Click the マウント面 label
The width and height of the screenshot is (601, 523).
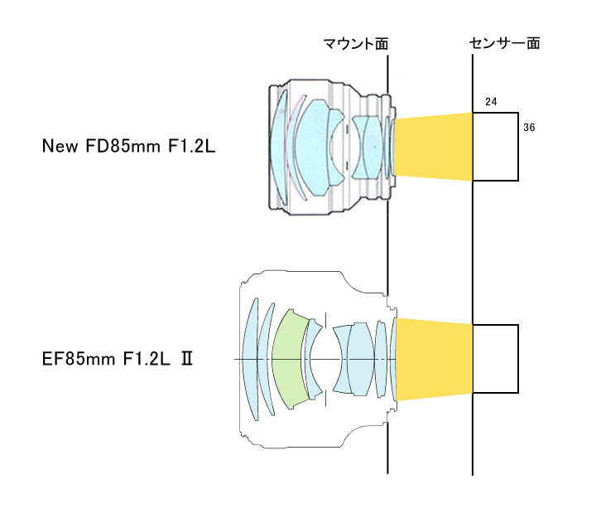click(356, 44)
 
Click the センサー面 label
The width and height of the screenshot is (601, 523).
click(505, 43)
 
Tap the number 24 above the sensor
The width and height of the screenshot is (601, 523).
click(491, 102)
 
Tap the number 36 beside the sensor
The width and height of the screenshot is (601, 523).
click(529, 128)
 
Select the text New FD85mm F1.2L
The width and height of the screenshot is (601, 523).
click(129, 146)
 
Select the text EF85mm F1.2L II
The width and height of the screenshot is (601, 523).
click(118, 359)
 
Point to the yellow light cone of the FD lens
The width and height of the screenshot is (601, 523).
click(433, 147)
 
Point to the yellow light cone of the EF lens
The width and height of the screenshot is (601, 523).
click(434, 359)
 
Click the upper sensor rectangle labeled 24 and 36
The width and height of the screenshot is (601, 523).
click(518, 147)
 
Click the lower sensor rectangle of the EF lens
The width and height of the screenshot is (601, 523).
click(518, 359)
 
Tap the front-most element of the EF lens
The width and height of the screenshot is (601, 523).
click(250, 359)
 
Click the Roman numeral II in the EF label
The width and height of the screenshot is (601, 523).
click(186, 359)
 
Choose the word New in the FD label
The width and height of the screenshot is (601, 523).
click(60, 146)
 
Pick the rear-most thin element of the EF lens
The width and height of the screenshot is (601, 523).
click(393, 359)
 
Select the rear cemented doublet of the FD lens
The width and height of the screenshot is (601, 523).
click(368, 147)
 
